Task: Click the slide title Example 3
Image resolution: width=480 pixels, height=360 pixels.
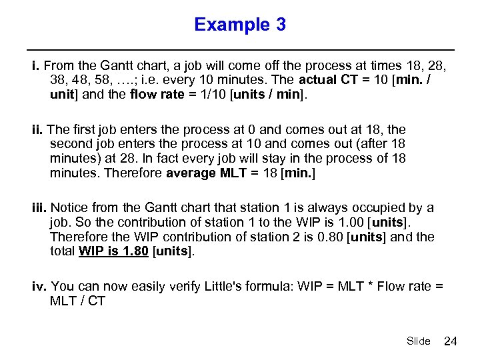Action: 240,25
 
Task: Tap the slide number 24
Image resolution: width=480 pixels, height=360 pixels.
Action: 450,341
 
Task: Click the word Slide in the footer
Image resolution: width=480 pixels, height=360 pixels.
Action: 418,341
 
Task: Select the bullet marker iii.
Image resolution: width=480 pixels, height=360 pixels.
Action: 39,209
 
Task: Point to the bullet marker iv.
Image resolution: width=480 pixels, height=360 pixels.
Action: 39,287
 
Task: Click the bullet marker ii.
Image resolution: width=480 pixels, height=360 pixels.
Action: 37,130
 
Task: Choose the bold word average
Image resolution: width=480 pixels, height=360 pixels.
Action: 190,173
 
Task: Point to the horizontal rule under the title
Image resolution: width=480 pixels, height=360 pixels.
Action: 240,50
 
